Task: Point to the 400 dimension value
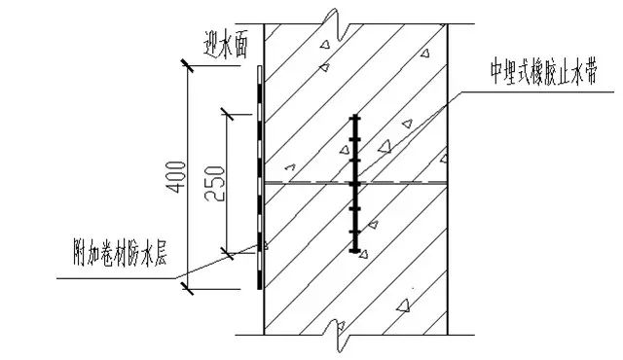click(x=173, y=175)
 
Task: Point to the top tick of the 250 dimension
click(x=227, y=116)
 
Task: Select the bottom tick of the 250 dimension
click(x=227, y=253)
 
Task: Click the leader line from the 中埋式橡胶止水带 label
click(x=419, y=126)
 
